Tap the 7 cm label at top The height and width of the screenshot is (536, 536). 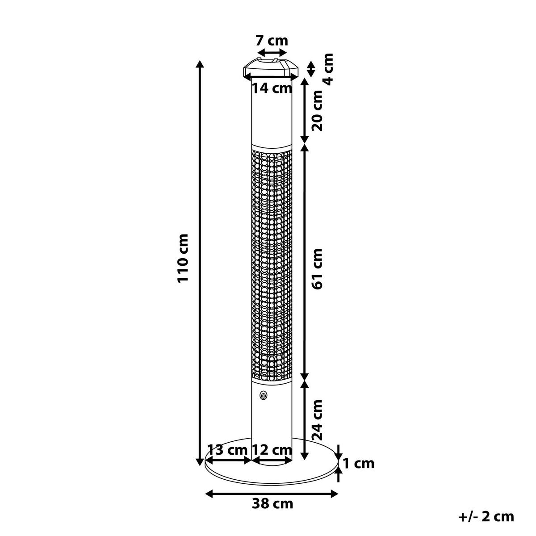click(x=272, y=41)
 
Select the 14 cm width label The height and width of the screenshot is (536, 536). click(x=272, y=88)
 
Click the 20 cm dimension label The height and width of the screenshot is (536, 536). click(x=317, y=110)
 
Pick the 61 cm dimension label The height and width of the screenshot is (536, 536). click(x=317, y=269)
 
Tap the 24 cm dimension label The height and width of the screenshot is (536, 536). click(x=317, y=420)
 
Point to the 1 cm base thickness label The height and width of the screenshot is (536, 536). click(x=359, y=464)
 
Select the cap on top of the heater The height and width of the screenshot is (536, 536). click(x=271, y=68)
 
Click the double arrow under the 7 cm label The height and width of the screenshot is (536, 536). click(x=272, y=52)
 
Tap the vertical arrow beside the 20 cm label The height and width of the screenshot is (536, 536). click(x=305, y=111)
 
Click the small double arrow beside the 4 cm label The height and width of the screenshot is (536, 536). click(x=311, y=69)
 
